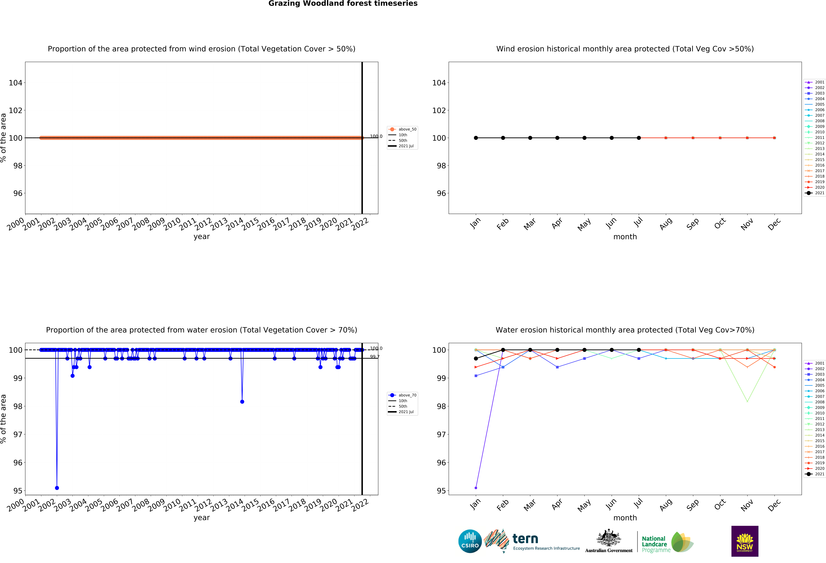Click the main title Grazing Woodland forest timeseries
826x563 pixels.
coord(343,4)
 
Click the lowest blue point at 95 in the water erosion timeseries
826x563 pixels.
coord(57,488)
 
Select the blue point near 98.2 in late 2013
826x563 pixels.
coord(242,402)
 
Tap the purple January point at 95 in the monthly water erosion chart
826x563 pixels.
coord(476,488)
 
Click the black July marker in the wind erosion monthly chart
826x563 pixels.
coord(639,138)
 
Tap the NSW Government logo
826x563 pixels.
coord(745,541)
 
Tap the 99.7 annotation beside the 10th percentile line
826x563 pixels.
coord(375,357)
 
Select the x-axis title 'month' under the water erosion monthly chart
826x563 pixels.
coord(625,518)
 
